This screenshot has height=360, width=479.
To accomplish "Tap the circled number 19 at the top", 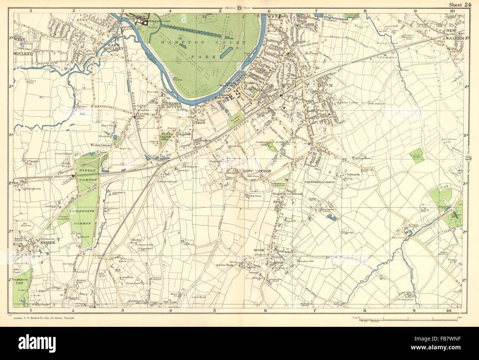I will pos(239,8).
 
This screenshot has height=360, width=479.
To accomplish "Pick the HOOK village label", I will pos(260,251).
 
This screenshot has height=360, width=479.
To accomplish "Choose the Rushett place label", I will pos(204,140).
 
